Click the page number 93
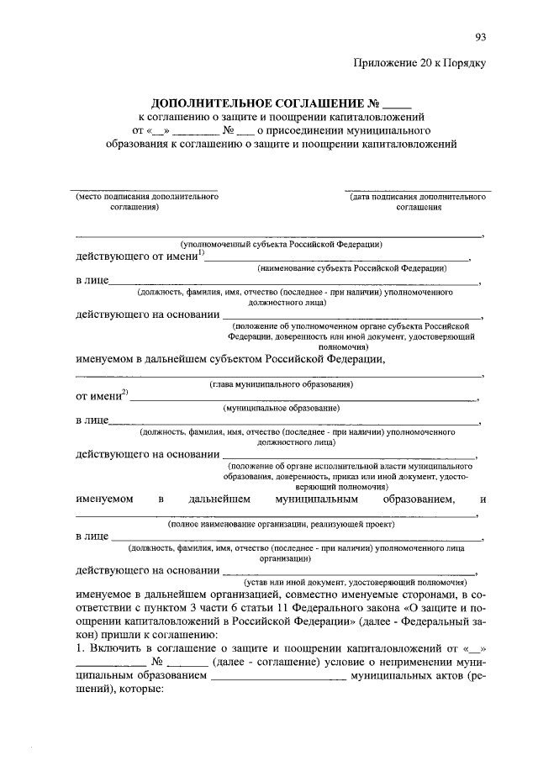[481, 36]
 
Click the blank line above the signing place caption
[143, 190]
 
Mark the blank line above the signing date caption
[418, 190]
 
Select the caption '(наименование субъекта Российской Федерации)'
[351, 267]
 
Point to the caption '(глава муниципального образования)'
[281, 384]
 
